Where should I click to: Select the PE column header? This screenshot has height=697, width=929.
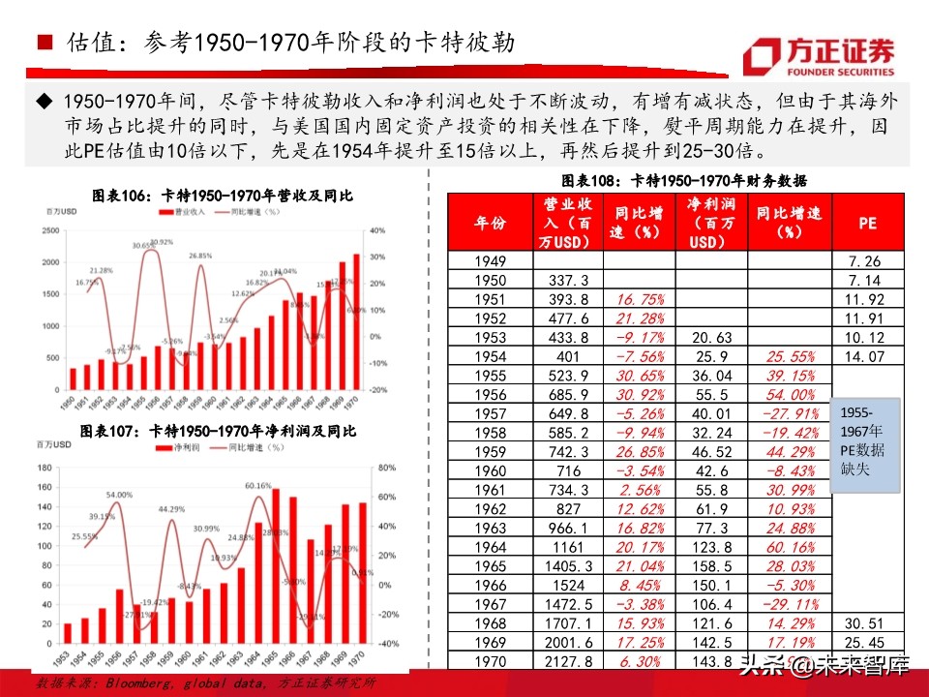tap(868, 223)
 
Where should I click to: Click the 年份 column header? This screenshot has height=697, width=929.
tap(491, 223)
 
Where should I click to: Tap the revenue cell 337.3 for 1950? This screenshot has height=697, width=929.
tap(568, 280)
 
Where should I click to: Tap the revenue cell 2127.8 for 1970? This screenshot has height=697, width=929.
tap(568, 661)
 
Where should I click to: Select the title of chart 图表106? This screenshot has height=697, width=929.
tap(223, 195)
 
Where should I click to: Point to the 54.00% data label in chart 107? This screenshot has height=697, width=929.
tap(120, 495)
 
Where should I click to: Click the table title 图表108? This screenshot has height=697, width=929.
tap(685, 180)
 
